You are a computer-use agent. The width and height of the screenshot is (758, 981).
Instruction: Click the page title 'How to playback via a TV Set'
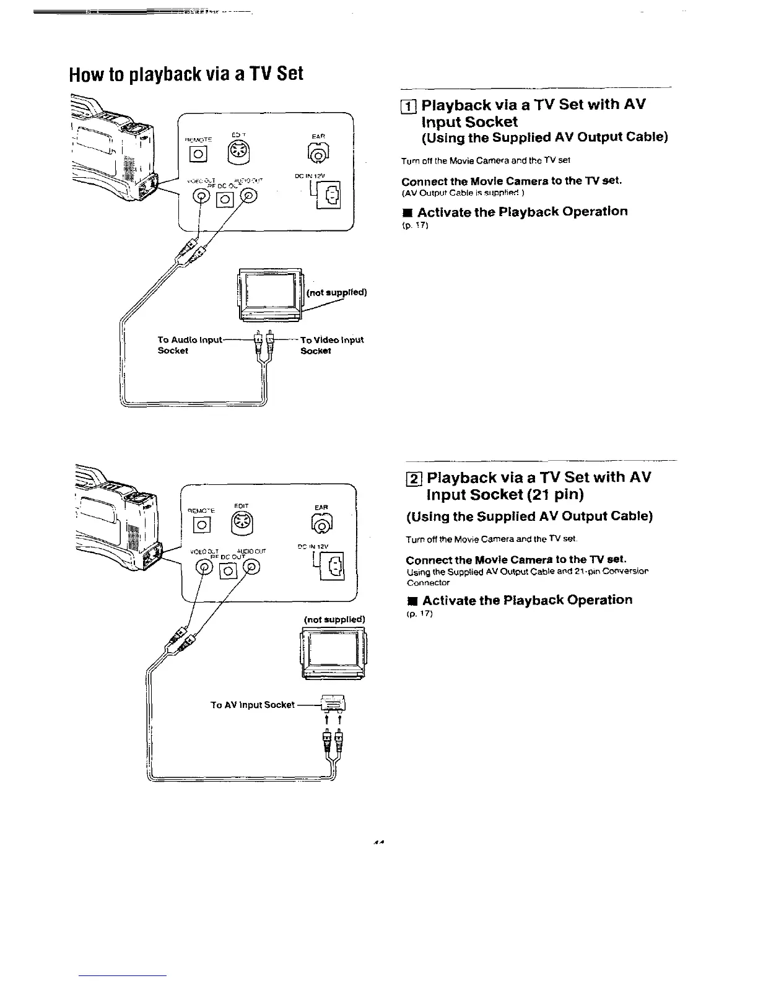pyautogui.click(x=186, y=74)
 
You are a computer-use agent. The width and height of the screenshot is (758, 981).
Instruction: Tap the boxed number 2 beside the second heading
pyautogui.click(x=413, y=479)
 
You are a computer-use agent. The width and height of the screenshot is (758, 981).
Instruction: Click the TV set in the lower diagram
pyautogui.click(x=333, y=653)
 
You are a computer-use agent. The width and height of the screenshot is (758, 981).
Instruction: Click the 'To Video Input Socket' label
pyautogui.click(x=331, y=345)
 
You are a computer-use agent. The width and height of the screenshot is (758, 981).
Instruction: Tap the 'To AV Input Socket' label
pyautogui.click(x=252, y=705)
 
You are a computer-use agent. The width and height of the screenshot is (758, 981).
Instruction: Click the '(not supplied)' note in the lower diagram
pyautogui.click(x=334, y=619)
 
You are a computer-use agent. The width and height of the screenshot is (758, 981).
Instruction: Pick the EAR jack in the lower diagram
pyautogui.click(x=321, y=525)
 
